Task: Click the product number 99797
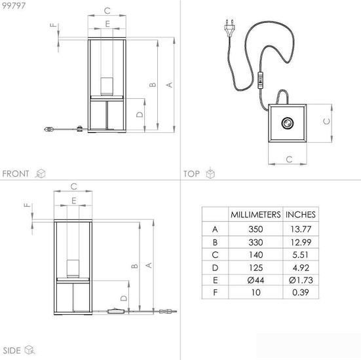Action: pyautogui.click(x=14, y=5)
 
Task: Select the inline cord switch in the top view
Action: pyautogui.click(x=260, y=81)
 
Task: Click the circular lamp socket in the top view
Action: pyautogui.click(x=288, y=123)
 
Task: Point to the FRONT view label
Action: pyautogui.click(x=16, y=173)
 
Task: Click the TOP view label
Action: pyautogui.click(x=191, y=173)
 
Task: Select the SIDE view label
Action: pyautogui.click(x=12, y=351)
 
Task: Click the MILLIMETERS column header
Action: pyautogui.click(x=256, y=215)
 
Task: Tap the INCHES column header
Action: pyautogui.click(x=301, y=215)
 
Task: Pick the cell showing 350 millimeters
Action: pyautogui.click(x=256, y=229)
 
